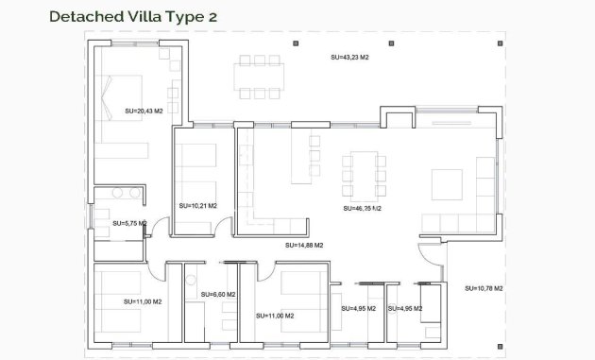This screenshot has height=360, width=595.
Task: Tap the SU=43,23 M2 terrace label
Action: click(x=349, y=58)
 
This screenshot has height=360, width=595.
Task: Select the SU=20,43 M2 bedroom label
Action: click(x=144, y=111)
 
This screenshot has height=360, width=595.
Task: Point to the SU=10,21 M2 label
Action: click(x=197, y=205)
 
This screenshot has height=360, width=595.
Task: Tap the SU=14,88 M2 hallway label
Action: click(x=304, y=245)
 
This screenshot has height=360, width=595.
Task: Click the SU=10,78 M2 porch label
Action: click(x=484, y=287)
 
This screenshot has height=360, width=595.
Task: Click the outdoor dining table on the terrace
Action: click(x=259, y=77)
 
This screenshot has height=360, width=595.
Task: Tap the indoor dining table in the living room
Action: click(x=363, y=176)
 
